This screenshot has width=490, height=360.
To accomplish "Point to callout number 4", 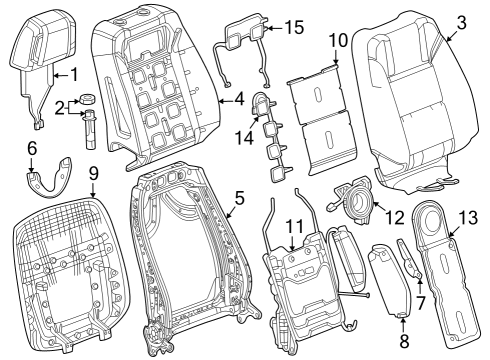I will [237, 99].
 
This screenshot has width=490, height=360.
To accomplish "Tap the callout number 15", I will [294, 28].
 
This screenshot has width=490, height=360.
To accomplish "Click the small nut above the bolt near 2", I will [87, 100].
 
